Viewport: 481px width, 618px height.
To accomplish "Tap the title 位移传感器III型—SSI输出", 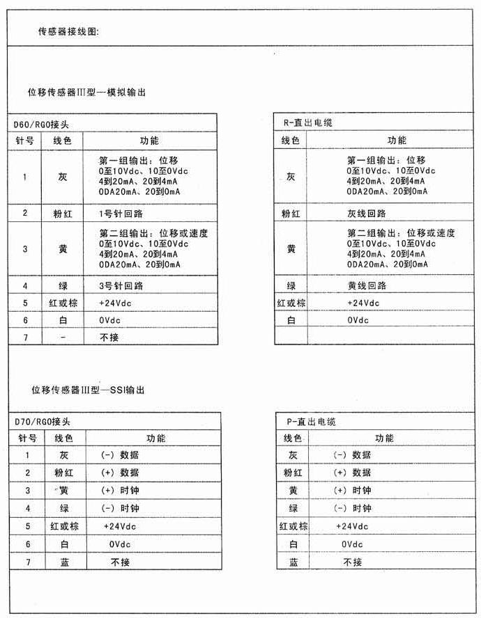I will click(x=89, y=391).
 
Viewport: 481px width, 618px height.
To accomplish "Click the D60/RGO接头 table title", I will click(x=41, y=125).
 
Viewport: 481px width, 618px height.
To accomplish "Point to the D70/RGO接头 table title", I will click(x=42, y=422).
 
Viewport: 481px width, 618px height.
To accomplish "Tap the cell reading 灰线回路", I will click(x=367, y=214).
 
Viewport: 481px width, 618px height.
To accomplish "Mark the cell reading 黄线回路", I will click(x=367, y=286).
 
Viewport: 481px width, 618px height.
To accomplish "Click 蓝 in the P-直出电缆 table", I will click(x=293, y=562).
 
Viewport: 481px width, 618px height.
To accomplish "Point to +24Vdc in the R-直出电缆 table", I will click(x=363, y=303).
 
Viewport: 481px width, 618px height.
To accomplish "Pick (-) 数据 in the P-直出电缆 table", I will click(x=352, y=455).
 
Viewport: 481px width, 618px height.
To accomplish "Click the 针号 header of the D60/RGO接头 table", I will click(x=24, y=141).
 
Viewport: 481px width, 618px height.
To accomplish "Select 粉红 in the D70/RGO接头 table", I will click(x=63, y=473).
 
